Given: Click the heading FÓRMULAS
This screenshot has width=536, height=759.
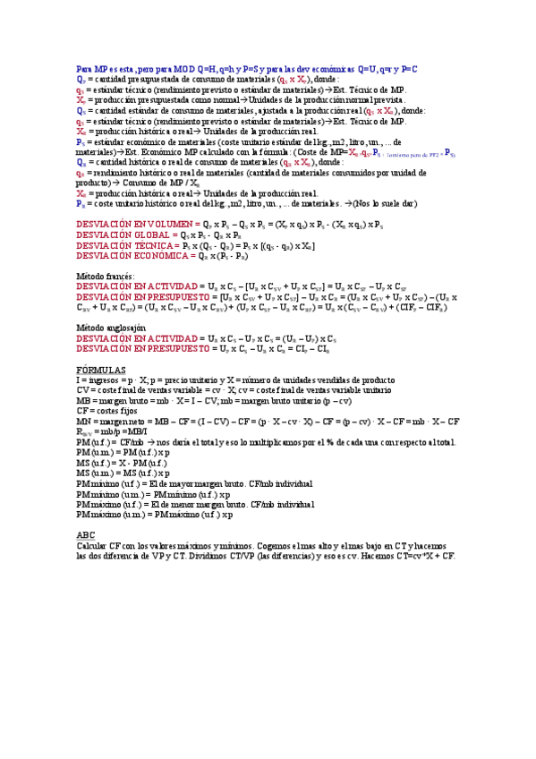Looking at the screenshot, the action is (x=100, y=370).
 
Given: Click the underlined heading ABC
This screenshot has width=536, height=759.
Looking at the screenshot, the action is (x=86, y=534).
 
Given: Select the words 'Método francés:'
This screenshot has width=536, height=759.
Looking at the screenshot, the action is (x=105, y=277).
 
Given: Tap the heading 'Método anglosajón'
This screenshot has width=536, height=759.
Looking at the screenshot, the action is (x=111, y=328).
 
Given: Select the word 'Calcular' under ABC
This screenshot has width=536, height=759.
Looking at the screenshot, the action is (x=91, y=545).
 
